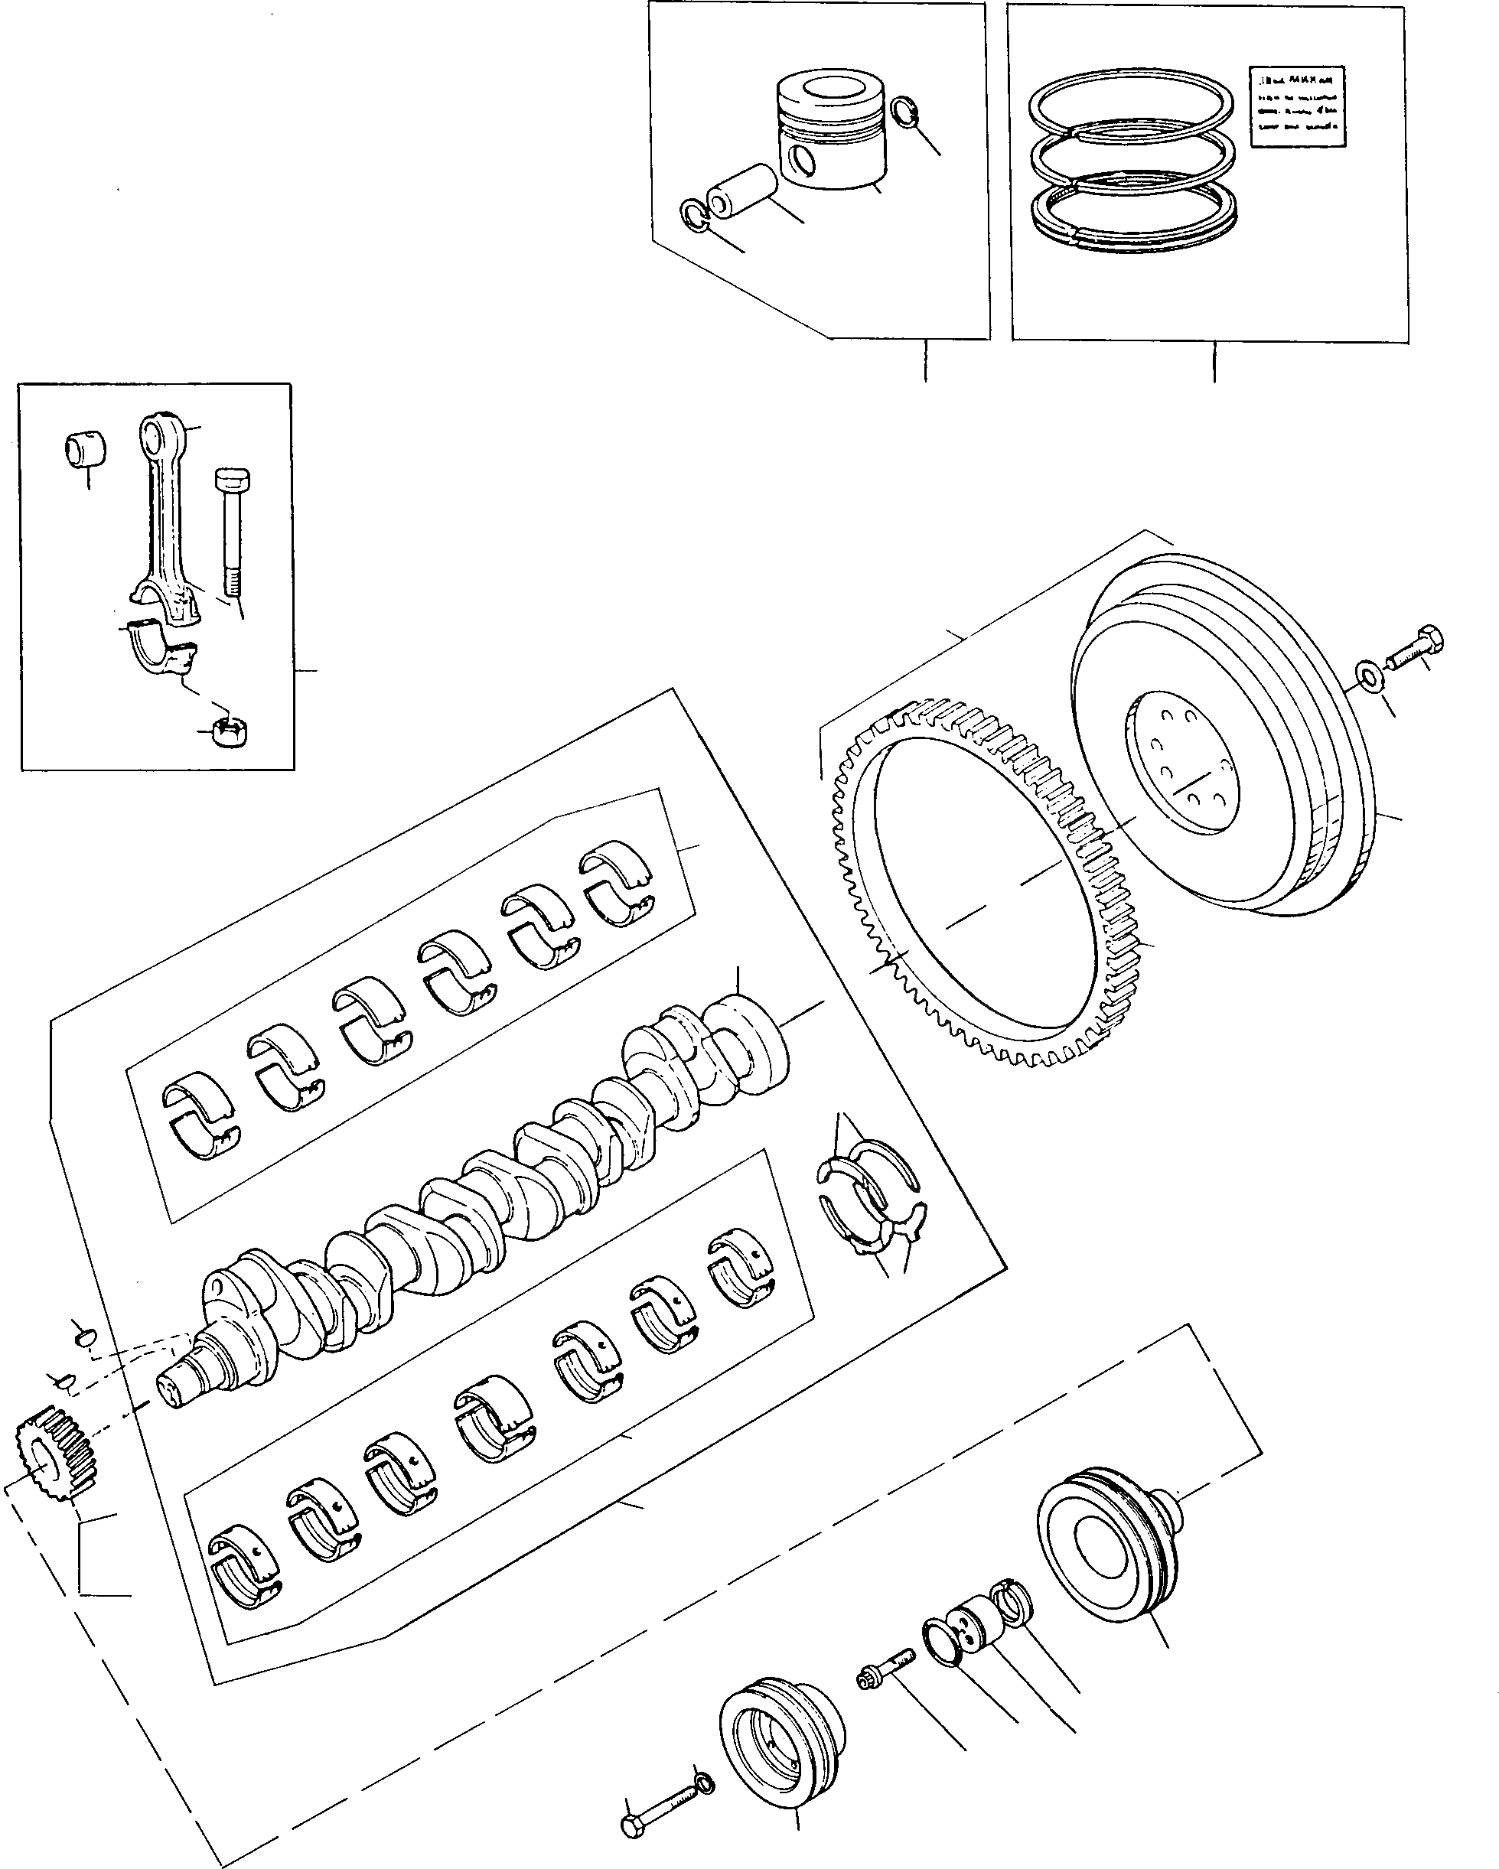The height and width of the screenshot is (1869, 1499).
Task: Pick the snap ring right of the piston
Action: coord(904,112)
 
